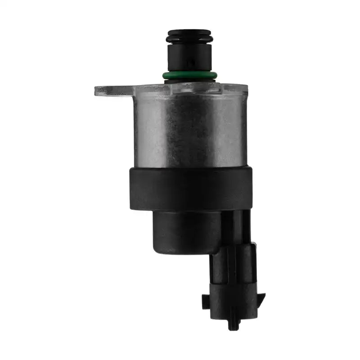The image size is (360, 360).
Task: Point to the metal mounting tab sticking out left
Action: (112, 90)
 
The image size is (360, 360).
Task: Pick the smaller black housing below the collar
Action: (184, 232)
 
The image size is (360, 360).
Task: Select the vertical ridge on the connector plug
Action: (234, 270)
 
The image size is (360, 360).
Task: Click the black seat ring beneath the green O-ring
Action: (189, 81)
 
